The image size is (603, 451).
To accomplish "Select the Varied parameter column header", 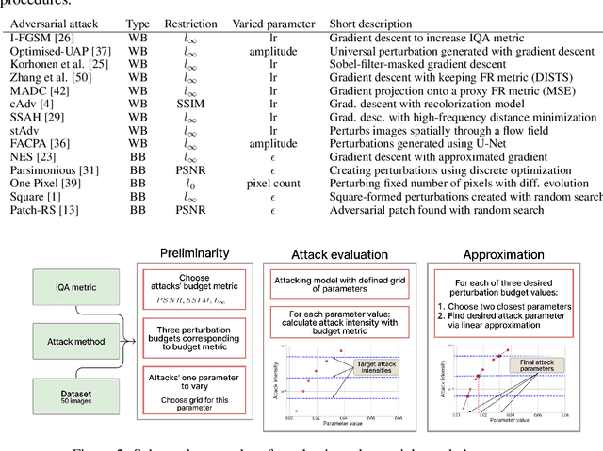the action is (276, 22).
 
